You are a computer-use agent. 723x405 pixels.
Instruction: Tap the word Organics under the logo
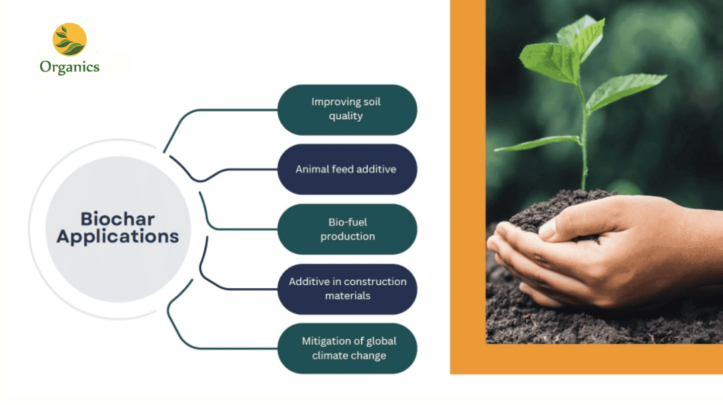[x=69, y=67]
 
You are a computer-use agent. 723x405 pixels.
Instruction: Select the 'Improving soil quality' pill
[x=347, y=110]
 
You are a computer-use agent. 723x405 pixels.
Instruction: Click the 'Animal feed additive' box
[x=347, y=169]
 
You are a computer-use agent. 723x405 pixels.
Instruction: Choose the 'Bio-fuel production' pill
[x=347, y=229]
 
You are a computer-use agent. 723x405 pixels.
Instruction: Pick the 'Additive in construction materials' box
[x=347, y=289]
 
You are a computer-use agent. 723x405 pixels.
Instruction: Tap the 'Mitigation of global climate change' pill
[x=347, y=348]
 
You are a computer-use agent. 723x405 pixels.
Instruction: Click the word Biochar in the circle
[x=117, y=219]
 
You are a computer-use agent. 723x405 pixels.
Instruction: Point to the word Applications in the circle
[x=117, y=236]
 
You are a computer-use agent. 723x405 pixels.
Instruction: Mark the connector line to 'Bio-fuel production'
[x=221, y=229]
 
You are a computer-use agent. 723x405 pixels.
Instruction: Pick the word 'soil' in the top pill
[x=372, y=102]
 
